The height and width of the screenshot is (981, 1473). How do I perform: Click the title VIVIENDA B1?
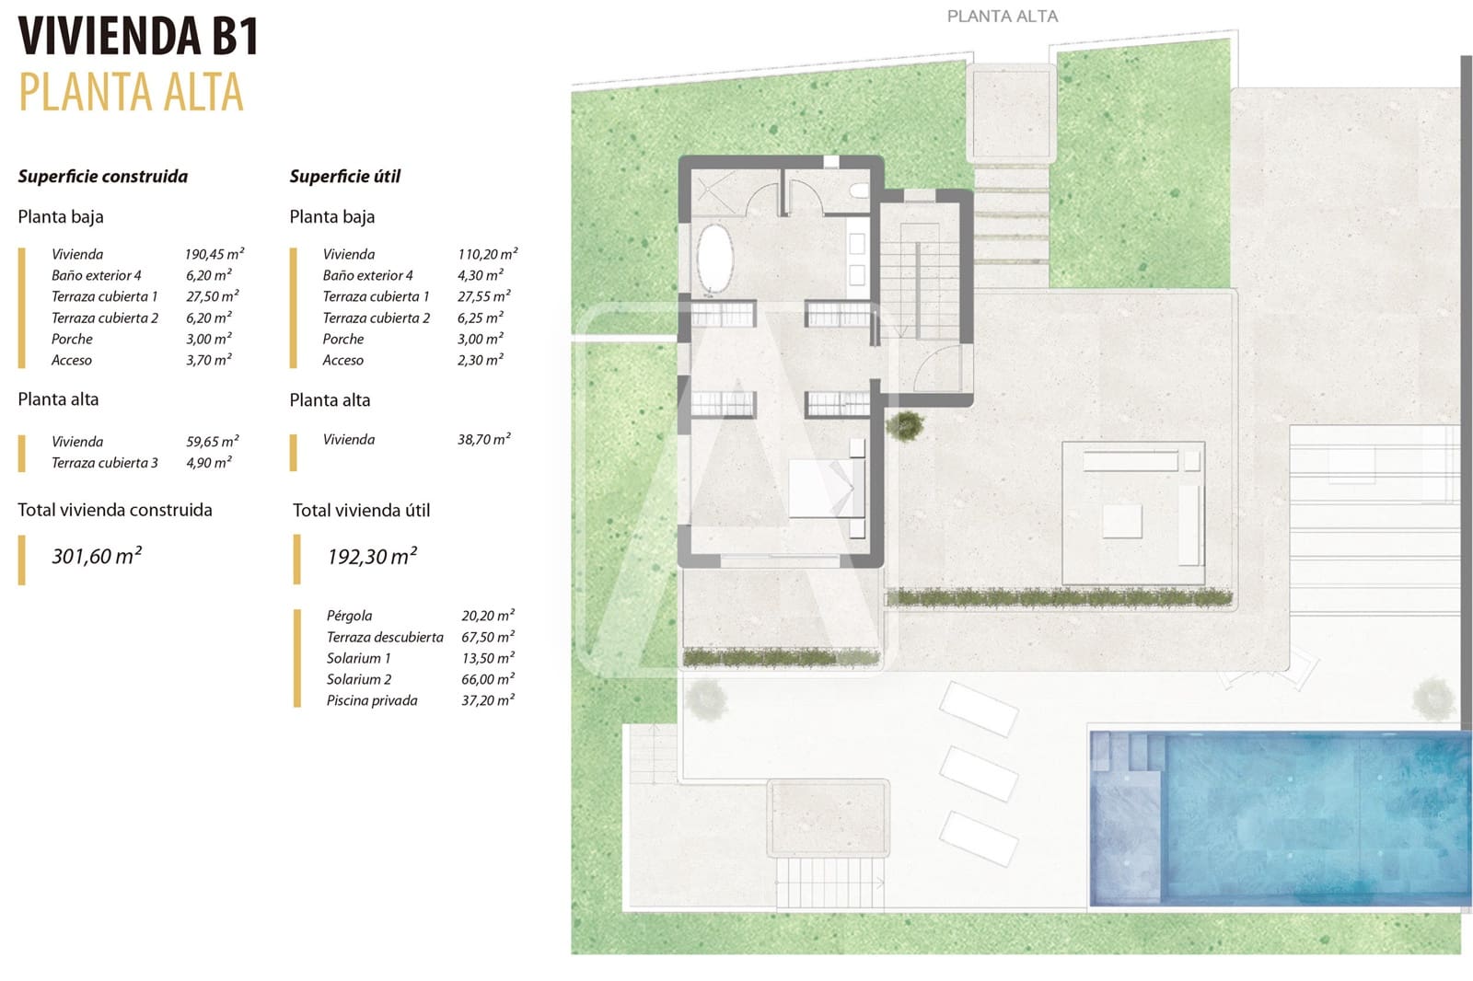[138, 37]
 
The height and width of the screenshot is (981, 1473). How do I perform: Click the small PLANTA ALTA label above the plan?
[1002, 17]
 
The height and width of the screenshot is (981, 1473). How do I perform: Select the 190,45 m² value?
[214, 254]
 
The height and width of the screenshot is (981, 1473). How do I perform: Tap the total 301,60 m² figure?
[97, 556]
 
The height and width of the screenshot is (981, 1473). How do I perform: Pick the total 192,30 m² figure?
[372, 556]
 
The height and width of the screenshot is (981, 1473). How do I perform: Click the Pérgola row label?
[349, 616]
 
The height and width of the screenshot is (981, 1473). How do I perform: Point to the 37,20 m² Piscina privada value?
[487, 700]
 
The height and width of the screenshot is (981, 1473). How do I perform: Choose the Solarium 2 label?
[358, 679]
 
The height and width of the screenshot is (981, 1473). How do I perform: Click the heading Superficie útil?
[344, 176]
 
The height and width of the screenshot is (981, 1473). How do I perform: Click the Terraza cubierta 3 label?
[104, 463]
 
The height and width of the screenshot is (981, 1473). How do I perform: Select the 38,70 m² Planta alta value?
[483, 440]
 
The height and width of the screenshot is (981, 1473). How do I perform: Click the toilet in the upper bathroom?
[858, 190]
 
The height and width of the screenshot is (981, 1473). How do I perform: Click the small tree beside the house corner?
[905, 424]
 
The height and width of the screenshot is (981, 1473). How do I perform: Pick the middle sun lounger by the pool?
[979, 773]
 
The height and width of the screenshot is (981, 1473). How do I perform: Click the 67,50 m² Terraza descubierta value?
[487, 637]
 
